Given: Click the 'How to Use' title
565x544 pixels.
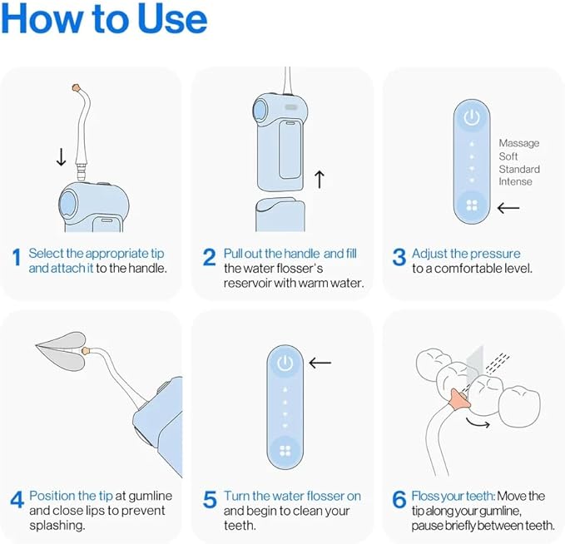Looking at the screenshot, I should [105, 20].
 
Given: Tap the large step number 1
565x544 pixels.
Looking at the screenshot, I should [16, 259].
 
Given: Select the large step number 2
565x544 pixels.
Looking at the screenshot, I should [209, 259].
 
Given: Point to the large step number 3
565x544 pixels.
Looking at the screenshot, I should [399, 259].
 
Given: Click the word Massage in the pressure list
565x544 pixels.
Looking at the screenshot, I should [518, 143].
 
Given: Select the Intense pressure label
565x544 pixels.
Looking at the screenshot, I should [515, 181].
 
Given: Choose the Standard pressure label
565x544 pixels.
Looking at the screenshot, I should [519, 169].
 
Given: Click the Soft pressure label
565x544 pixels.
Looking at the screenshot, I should [508, 156].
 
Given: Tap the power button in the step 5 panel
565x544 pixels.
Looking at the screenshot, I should [285, 363].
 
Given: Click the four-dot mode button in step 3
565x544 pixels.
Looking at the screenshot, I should [472, 205].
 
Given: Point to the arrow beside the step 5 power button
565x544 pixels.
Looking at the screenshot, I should [320, 363].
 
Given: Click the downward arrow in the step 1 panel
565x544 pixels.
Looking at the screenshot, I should [60, 156].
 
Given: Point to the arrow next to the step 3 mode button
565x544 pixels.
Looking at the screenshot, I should [508, 207].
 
